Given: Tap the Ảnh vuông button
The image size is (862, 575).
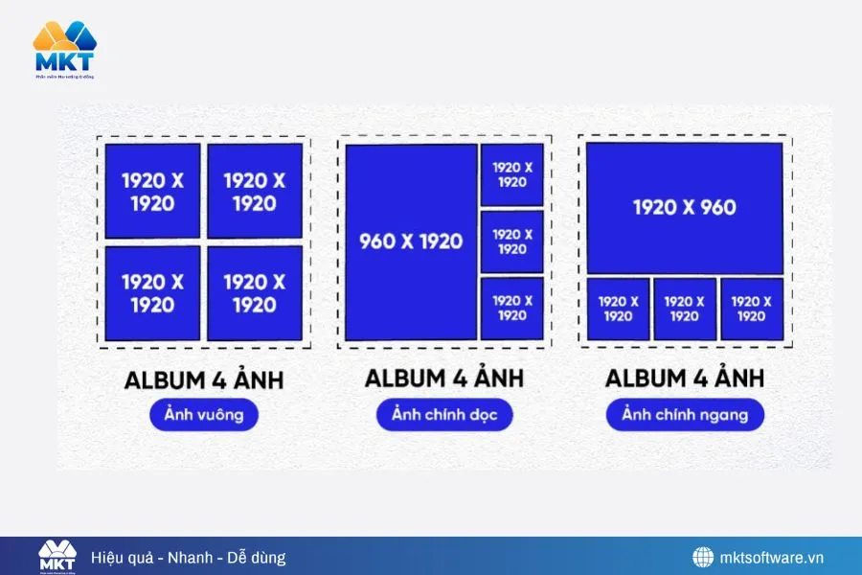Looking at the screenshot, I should click(x=204, y=415).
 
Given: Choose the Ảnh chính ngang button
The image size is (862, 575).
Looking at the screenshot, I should click(x=684, y=414).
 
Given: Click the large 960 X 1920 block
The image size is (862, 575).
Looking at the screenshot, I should click(x=411, y=241).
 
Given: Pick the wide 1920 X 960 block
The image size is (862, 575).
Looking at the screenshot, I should click(x=685, y=208).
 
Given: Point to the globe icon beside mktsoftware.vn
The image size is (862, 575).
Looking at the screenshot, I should click(x=703, y=557).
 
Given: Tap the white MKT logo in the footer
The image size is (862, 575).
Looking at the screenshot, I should click(x=57, y=557).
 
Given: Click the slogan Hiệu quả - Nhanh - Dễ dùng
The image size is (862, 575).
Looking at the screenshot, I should click(x=189, y=557).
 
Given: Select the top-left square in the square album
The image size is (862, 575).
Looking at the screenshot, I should click(x=152, y=191).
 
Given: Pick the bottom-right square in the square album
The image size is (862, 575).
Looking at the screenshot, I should click(x=255, y=292).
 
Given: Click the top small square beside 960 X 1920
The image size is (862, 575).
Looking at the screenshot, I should click(x=512, y=174).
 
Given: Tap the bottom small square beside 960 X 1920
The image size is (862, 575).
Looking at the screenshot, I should click(x=512, y=309).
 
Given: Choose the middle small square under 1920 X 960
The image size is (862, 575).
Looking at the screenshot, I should click(x=685, y=309).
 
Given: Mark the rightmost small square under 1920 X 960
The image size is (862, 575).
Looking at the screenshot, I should click(x=752, y=309).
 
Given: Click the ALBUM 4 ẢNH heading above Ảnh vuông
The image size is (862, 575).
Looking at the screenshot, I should click(x=204, y=380).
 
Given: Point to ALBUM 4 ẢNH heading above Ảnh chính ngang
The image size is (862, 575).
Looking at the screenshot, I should click(x=684, y=379).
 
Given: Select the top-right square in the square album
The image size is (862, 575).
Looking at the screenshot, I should click(x=255, y=191).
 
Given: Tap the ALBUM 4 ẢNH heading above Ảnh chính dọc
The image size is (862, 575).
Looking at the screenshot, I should click(x=444, y=379).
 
